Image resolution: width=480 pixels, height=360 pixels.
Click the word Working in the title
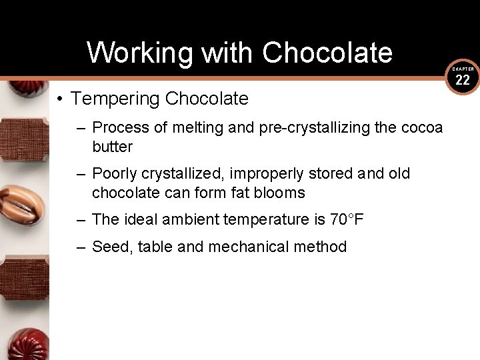pyautogui.click(x=127, y=53)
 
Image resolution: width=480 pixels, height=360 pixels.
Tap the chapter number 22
pyautogui.click(x=463, y=81)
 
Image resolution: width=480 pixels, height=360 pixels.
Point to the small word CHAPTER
pyautogui.click(x=463, y=69)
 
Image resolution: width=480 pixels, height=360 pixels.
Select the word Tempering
pyautogui.click(x=115, y=99)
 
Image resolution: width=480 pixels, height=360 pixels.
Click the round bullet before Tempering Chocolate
pyautogui.click(x=59, y=100)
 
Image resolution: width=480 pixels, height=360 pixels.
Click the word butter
pyautogui.click(x=112, y=147)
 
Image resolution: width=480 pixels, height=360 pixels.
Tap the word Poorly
pyautogui.click(x=113, y=174)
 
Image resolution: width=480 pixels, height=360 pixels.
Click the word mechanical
pyautogui.click(x=248, y=247)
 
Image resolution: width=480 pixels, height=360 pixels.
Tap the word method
pyautogui.click(x=319, y=247)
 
